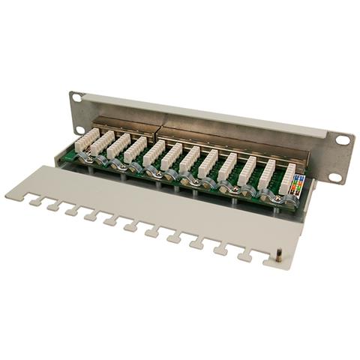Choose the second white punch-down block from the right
pyautogui.click(x=267, y=174)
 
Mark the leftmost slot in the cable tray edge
pyautogui.click(x=34, y=201)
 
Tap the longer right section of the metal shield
pyautogui.click(x=225, y=139)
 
